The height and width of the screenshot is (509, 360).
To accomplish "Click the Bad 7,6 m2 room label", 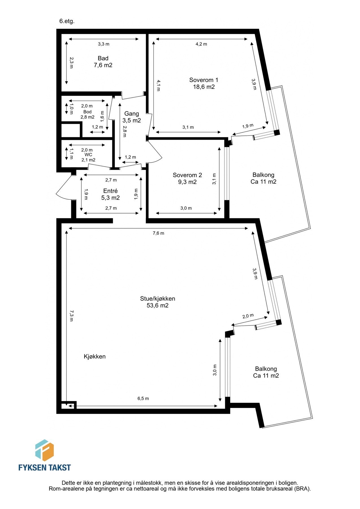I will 103,62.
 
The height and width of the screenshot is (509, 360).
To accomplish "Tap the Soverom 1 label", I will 204,83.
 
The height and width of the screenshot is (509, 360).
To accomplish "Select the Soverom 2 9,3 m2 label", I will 187,178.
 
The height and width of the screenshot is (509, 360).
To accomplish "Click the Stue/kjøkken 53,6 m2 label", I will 158,302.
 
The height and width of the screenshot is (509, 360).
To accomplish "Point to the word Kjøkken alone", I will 94,356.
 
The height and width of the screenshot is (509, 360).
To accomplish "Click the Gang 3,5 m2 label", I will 132,117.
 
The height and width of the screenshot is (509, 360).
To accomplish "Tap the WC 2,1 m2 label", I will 88,157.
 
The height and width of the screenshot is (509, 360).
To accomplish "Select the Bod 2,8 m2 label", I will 87,114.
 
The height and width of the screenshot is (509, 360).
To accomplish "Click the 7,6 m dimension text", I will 158,233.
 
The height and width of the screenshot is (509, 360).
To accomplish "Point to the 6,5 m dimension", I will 143,398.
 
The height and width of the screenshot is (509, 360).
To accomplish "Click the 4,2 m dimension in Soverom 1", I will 201,44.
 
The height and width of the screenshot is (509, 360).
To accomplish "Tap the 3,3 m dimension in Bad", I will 104,44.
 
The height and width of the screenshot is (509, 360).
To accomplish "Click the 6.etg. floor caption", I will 67,21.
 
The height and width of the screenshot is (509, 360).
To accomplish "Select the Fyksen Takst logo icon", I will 44,450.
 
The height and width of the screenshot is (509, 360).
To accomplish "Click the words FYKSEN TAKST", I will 44,467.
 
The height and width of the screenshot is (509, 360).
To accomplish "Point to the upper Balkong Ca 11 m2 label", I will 263,178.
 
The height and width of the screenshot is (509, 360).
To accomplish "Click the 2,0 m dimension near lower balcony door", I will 248,316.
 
